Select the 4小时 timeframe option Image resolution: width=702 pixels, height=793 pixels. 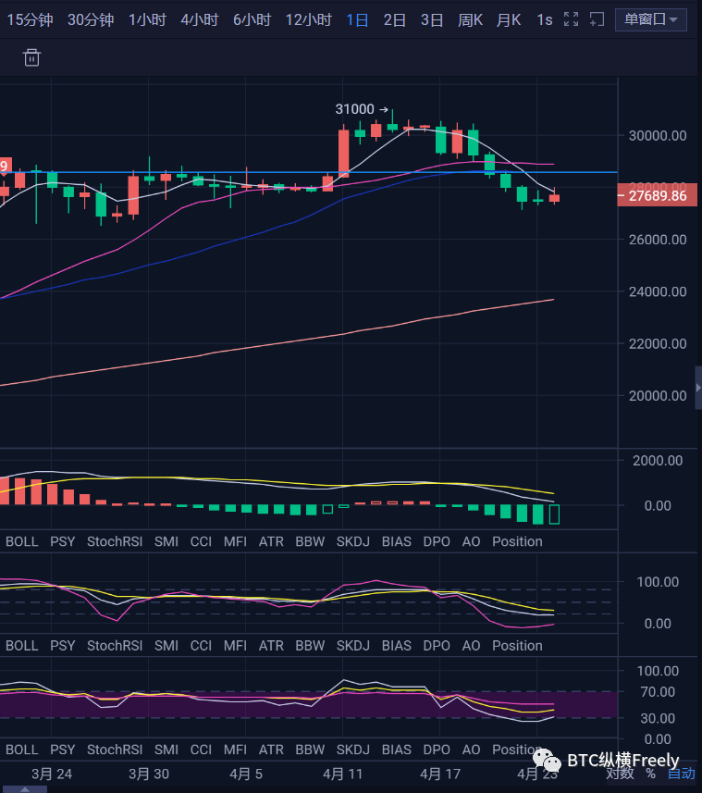[x=199, y=19]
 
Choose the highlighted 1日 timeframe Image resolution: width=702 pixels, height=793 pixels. [x=357, y=19]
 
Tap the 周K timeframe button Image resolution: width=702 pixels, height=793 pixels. [x=470, y=19]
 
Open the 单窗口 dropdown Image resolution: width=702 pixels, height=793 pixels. [x=650, y=19]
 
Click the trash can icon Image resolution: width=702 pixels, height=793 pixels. [x=31, y=58]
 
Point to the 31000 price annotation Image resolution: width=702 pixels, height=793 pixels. [x=355, y=109]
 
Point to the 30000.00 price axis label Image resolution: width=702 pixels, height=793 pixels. [x=657, y=135]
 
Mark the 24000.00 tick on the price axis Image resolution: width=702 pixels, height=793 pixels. [x=657, y=291]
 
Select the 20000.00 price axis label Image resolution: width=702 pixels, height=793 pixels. [x=657, y=396]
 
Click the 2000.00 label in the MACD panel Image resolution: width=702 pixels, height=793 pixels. [x=657, y=461]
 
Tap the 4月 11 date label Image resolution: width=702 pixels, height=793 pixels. [x=344, y=774]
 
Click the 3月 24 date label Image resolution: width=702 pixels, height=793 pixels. [x=52, y=774]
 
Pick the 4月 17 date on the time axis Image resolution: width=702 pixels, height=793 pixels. [x=440, y=774]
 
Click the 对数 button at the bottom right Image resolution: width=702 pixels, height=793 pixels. [x=620, y=774]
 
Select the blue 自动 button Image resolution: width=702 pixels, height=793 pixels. [x=682, y=774]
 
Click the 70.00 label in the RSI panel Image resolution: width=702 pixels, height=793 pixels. [x=657, y=692]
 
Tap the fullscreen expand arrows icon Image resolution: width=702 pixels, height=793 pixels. [x=572, y=19]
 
